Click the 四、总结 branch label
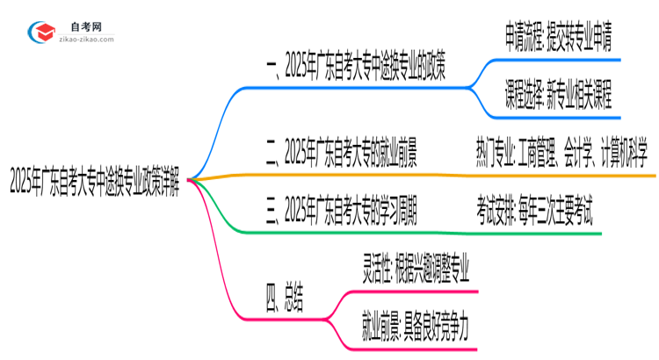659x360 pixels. [283, 299]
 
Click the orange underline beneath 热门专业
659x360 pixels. [562, 176]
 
